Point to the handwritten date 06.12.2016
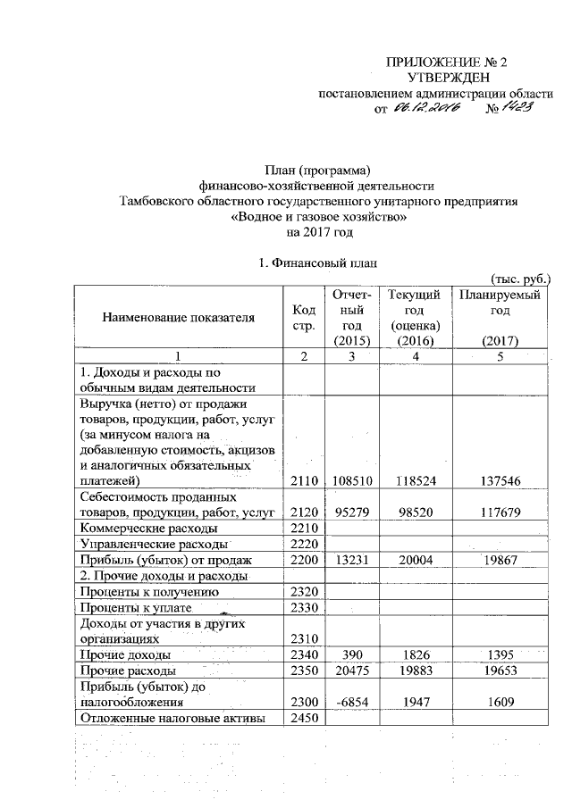[x=425, y=108]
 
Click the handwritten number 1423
[x=517, y=107]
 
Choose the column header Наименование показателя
[x=177, y=316]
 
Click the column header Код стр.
[x=304, y=316]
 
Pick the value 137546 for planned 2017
[x=500, y=481]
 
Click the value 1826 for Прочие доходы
[x=408, y=654]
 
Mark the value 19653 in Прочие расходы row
[x=500, y=670]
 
